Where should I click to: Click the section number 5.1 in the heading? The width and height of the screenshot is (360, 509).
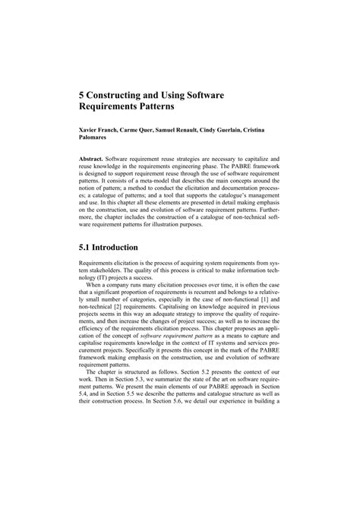[x=89, y=247]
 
